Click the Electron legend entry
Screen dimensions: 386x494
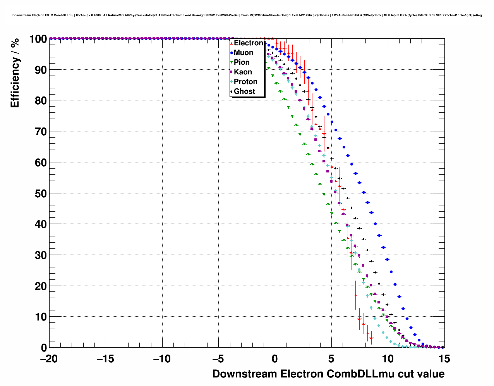point(248,43)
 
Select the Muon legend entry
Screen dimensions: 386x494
point(243,53)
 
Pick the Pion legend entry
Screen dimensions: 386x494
point(242,62)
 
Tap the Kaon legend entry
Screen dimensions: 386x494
point(243,72)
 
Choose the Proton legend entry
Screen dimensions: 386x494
point(245,82)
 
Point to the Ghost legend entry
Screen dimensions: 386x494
point(244,91)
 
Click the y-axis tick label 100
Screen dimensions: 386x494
point(38,39)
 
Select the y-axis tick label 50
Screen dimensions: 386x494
point(41,193)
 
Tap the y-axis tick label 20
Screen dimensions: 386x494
point(41,286)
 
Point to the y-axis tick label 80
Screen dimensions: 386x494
point(41,101)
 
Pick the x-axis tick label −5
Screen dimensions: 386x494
point(218,359)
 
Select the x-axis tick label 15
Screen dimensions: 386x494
point(444,359)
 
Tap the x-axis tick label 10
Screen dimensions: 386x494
point(388,359)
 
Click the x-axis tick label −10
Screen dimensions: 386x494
point(162,359)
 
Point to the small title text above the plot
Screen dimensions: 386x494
point(247,15)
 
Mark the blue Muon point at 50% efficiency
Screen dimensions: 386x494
point(364,193)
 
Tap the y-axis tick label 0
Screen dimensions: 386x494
point(44,348)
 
